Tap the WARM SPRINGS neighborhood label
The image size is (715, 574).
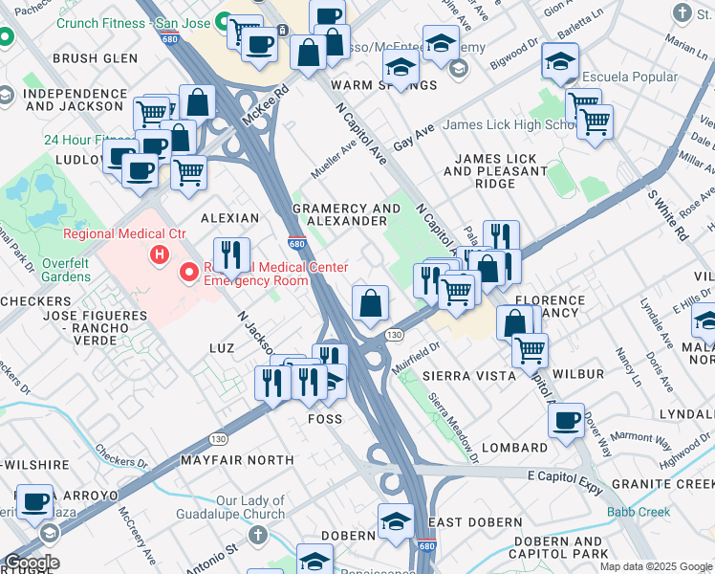click(372, 85)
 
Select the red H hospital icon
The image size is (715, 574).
click(161, 255)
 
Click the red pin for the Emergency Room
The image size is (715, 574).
click(189, 273)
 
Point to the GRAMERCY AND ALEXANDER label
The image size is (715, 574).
click(345, 214)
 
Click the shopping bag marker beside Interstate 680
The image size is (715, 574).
click(370, 304)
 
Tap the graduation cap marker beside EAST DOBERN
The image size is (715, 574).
click(396, 520)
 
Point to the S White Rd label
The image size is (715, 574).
click(667, 216)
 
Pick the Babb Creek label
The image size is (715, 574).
click(639, 511)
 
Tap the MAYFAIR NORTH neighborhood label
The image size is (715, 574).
click(238, 460)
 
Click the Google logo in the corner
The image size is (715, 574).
click(32, 563)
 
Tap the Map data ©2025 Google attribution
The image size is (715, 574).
click(656, 566)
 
